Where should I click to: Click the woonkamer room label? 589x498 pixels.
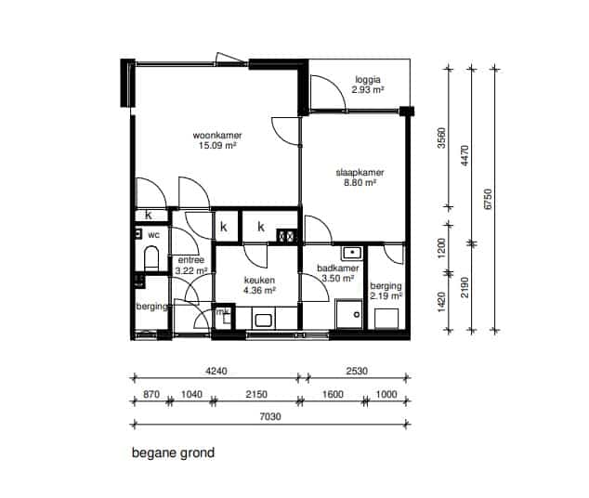[217, 136]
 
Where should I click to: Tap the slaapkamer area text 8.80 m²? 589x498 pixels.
[360, 183]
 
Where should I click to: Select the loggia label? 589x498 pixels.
[368, 80]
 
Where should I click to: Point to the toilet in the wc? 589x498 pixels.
[151, 258]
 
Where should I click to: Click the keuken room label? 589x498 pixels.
[259, 281]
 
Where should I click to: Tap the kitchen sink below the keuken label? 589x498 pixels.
[263, 321]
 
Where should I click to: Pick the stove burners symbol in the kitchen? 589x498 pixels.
[287, 236]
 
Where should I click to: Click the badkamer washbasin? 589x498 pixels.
[351, 253]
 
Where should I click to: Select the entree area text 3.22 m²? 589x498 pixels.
[191, 270]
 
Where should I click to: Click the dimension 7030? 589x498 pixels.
[270, 416]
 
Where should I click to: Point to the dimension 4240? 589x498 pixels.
[216, 371]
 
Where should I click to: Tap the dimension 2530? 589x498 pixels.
[357, 371]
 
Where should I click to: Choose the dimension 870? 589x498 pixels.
[151, 394]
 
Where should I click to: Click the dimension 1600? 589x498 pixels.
[333, 394]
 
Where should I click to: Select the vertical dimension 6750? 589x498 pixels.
[488, 199]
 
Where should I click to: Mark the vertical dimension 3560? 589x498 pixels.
[442, 138]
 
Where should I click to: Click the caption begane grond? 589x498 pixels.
[173, 452]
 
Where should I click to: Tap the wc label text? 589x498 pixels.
[153, 235]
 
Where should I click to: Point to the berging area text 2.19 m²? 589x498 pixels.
[386, 296]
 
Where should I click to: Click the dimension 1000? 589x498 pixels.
[386, 394]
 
